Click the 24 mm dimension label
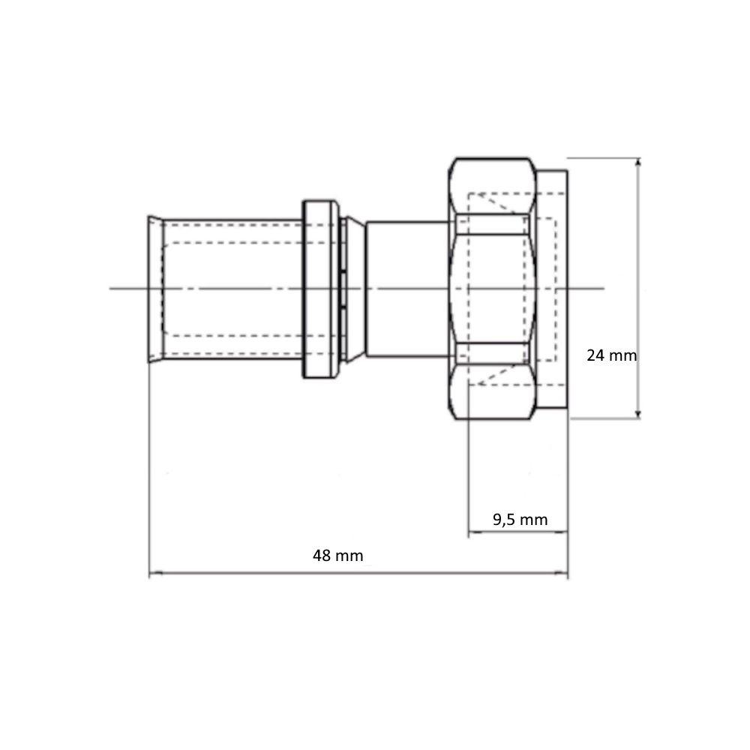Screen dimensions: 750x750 [x=612, y=355]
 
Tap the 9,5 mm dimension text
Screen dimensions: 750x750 [x=520, y=520]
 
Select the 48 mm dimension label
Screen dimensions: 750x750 [x=338, y=555]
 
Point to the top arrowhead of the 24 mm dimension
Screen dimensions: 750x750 [x=638, y=163]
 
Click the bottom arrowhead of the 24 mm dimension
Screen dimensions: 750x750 [x=638, y=414]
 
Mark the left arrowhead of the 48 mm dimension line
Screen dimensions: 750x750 [x=154, y=572]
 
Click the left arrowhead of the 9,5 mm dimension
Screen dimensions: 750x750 [x=473, y=531]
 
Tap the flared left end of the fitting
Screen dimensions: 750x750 [x=155, y=289]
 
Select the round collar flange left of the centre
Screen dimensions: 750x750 [x=320, y=289]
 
